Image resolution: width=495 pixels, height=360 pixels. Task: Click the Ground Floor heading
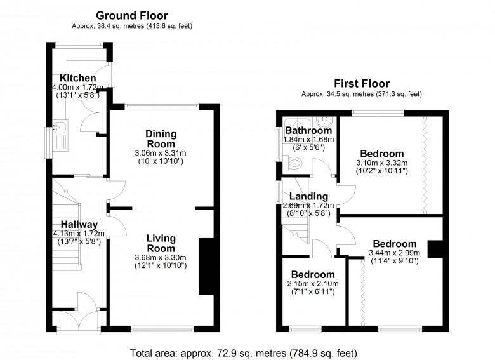coord(132,15)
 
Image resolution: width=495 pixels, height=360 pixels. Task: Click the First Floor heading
coord(361,83)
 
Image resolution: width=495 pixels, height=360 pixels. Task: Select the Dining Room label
coord(161,139)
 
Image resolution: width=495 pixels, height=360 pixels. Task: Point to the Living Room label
coord(161,243)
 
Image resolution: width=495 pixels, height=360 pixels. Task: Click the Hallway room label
coord(79,224)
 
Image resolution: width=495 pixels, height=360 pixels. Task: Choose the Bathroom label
coord(308,130)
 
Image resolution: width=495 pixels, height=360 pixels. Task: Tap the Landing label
coord(308,196)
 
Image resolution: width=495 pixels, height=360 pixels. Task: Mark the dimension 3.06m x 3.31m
coord(161,153)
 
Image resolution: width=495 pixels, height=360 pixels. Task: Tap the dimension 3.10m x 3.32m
coord(381,163)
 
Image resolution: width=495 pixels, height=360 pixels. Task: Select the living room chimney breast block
coord(207,267)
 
